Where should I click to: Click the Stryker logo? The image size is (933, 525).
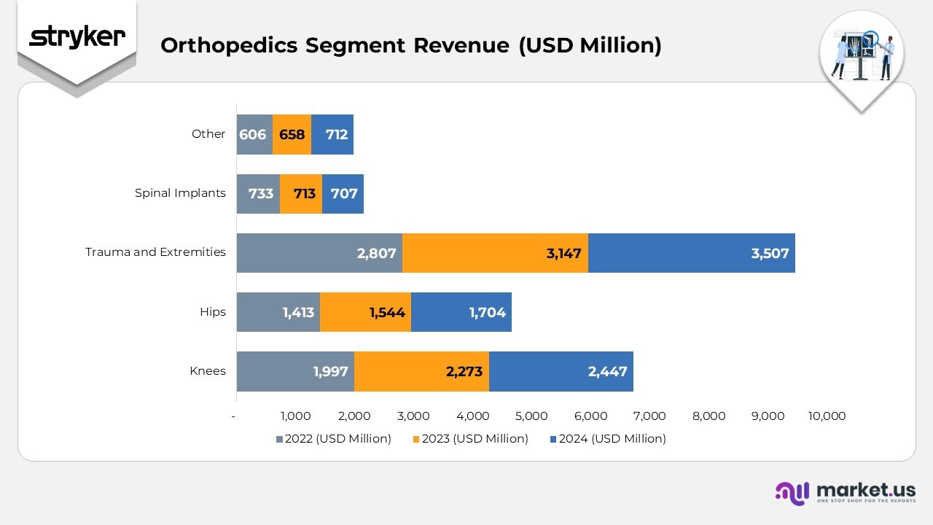[77, 37]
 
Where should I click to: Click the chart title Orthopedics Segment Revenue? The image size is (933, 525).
[410, 45]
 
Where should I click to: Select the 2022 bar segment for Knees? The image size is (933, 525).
[295, 371]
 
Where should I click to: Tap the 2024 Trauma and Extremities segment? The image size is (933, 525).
[691, 253]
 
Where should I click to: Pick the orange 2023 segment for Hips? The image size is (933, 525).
[365, 312]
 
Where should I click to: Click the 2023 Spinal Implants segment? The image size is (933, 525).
[301, 193]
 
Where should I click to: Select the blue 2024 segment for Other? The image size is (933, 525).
[332, 134]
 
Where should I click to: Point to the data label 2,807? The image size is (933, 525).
[376, 253]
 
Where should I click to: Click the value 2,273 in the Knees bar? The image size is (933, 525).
[464, 371]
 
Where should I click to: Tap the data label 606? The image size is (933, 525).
[252, 134]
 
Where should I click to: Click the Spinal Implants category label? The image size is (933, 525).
[180, 193]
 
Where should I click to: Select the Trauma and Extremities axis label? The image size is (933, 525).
[155, 252]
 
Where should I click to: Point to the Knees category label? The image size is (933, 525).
[208, 370]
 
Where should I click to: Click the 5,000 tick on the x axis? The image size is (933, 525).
[531, 416]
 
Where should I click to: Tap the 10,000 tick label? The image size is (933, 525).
[827, 416]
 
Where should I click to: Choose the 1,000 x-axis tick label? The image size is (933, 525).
[295, 416]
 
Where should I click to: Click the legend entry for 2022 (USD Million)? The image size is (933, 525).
[333, 439]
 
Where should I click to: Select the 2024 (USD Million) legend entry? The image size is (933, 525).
[607, 439]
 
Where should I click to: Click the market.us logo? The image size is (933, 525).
[845, 493]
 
